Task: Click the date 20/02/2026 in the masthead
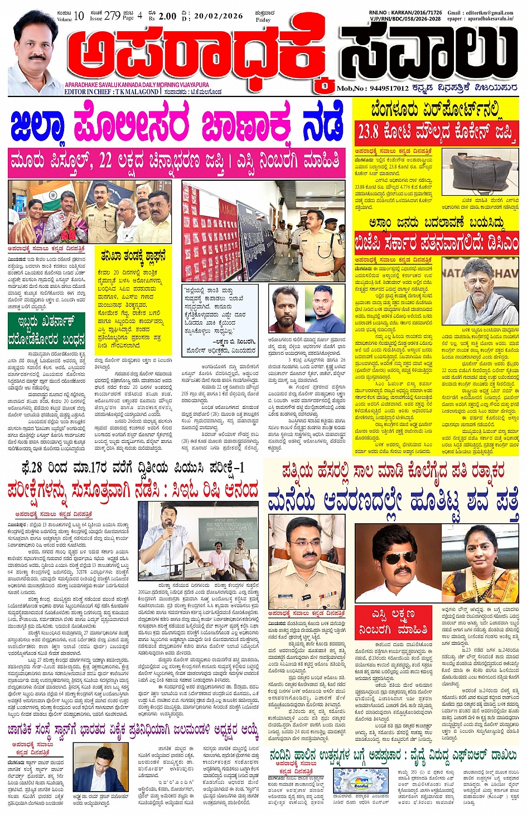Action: tap(218, 16)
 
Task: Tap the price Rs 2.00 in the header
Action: tap(167, 16)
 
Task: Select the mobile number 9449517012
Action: tap(389, 88)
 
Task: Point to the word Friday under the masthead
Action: tap(263, 20)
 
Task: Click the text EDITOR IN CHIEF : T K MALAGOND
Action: tap(112, 91)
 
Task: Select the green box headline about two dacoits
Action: tap(46, 331)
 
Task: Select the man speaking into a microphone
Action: tap(169, 536)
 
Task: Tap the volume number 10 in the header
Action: tap(79, 16)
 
